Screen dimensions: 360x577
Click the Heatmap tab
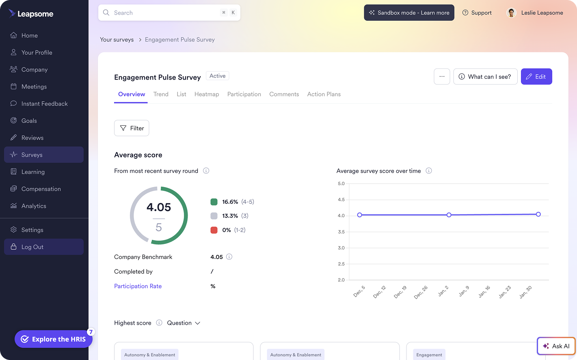pos(206,94)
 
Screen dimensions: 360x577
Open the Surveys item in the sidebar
pos(44,155)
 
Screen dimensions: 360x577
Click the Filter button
pos(132,128)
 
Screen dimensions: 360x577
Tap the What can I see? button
pos(485,77)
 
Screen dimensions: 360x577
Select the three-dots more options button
pos(442,77)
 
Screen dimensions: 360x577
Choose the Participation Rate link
pos(138,286)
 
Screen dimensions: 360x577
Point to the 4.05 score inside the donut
pos(159,207)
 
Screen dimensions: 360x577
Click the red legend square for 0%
pos(214,230)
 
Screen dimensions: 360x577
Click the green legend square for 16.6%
pos(214,202)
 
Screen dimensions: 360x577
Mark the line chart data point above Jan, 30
pos(538,214)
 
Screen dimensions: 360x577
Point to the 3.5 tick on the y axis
pos(341,232)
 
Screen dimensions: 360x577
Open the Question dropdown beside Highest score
pos(184,323)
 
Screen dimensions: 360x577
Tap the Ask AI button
pos(556,346)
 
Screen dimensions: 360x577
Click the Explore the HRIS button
pos(54,339)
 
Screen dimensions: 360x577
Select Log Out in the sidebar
pos(44,247)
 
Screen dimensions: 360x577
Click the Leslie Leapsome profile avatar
pos(511,13)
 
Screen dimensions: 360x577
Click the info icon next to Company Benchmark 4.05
pos(229,257)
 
